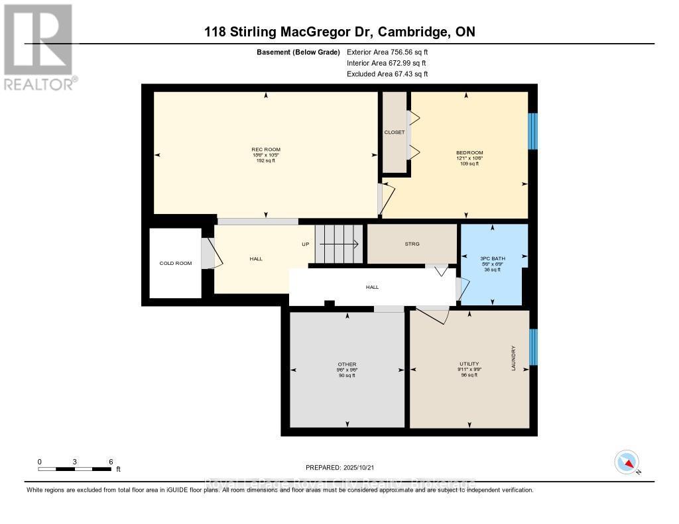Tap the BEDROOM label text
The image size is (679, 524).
pos(469,152)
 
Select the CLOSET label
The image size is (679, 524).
pos(395,132)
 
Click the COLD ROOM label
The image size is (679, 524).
pos(176,264)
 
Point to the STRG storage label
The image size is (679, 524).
pos(412,244)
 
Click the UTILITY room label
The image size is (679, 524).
pos(469,364)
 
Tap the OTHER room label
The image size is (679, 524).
pos(347,364)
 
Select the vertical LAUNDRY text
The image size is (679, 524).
pos(513,358)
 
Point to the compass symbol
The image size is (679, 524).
pos(627,462)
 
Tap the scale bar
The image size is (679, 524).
pos(75,469)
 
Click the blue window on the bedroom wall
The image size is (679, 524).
pos(532,131)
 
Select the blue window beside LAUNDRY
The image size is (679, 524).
pos(533,346)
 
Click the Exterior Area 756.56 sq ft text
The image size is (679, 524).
pos(391,52)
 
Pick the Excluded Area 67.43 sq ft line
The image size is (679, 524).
pos(387,74)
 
